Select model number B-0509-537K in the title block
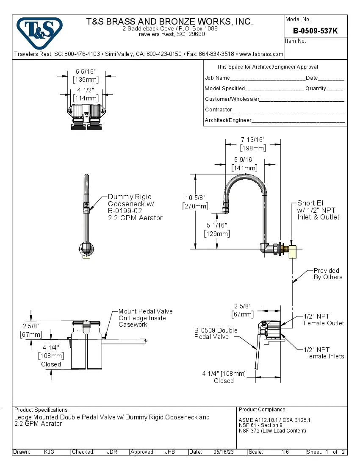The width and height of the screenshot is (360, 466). (x=315, y=31)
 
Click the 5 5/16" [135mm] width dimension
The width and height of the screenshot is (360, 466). (x=86, y=75)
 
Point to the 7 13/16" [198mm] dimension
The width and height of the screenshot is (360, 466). (x=253, y=144)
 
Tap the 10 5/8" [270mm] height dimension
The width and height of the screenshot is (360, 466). (x=195, y=202)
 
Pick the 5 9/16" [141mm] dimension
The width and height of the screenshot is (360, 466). (x=244, y=164)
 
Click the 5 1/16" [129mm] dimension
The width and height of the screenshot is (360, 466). (x=217, y=230)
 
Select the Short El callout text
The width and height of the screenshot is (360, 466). (x=318, y=210)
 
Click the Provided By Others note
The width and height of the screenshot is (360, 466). (x=327, y=274)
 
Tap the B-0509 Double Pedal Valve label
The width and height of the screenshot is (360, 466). (x=216, y=333)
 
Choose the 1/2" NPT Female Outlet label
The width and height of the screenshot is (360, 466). (x=324, y=320)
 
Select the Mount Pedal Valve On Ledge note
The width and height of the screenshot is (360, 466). (x=145, y=318)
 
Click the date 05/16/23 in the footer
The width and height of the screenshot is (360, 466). (x=224, y=452)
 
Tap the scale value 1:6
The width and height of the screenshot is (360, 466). (x=285, y=452)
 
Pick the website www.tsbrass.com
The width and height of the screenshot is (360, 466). (x=261, y=54)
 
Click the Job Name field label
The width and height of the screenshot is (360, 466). (x=217, y=78)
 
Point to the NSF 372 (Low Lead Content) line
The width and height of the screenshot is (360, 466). (x=272, y=431)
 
